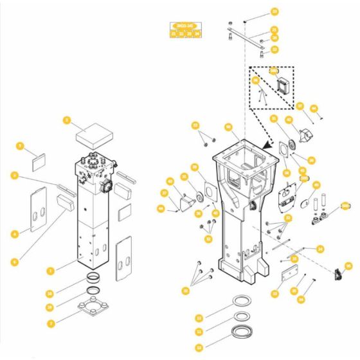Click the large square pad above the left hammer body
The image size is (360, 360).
coord(95,136)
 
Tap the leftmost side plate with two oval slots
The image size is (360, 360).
coord(39,208)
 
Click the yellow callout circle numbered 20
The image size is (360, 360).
coord(275,12)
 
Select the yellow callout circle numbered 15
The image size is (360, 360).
coord(348,265)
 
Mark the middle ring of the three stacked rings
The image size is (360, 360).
coord(242,317)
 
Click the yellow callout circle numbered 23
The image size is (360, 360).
coord(274,294)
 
